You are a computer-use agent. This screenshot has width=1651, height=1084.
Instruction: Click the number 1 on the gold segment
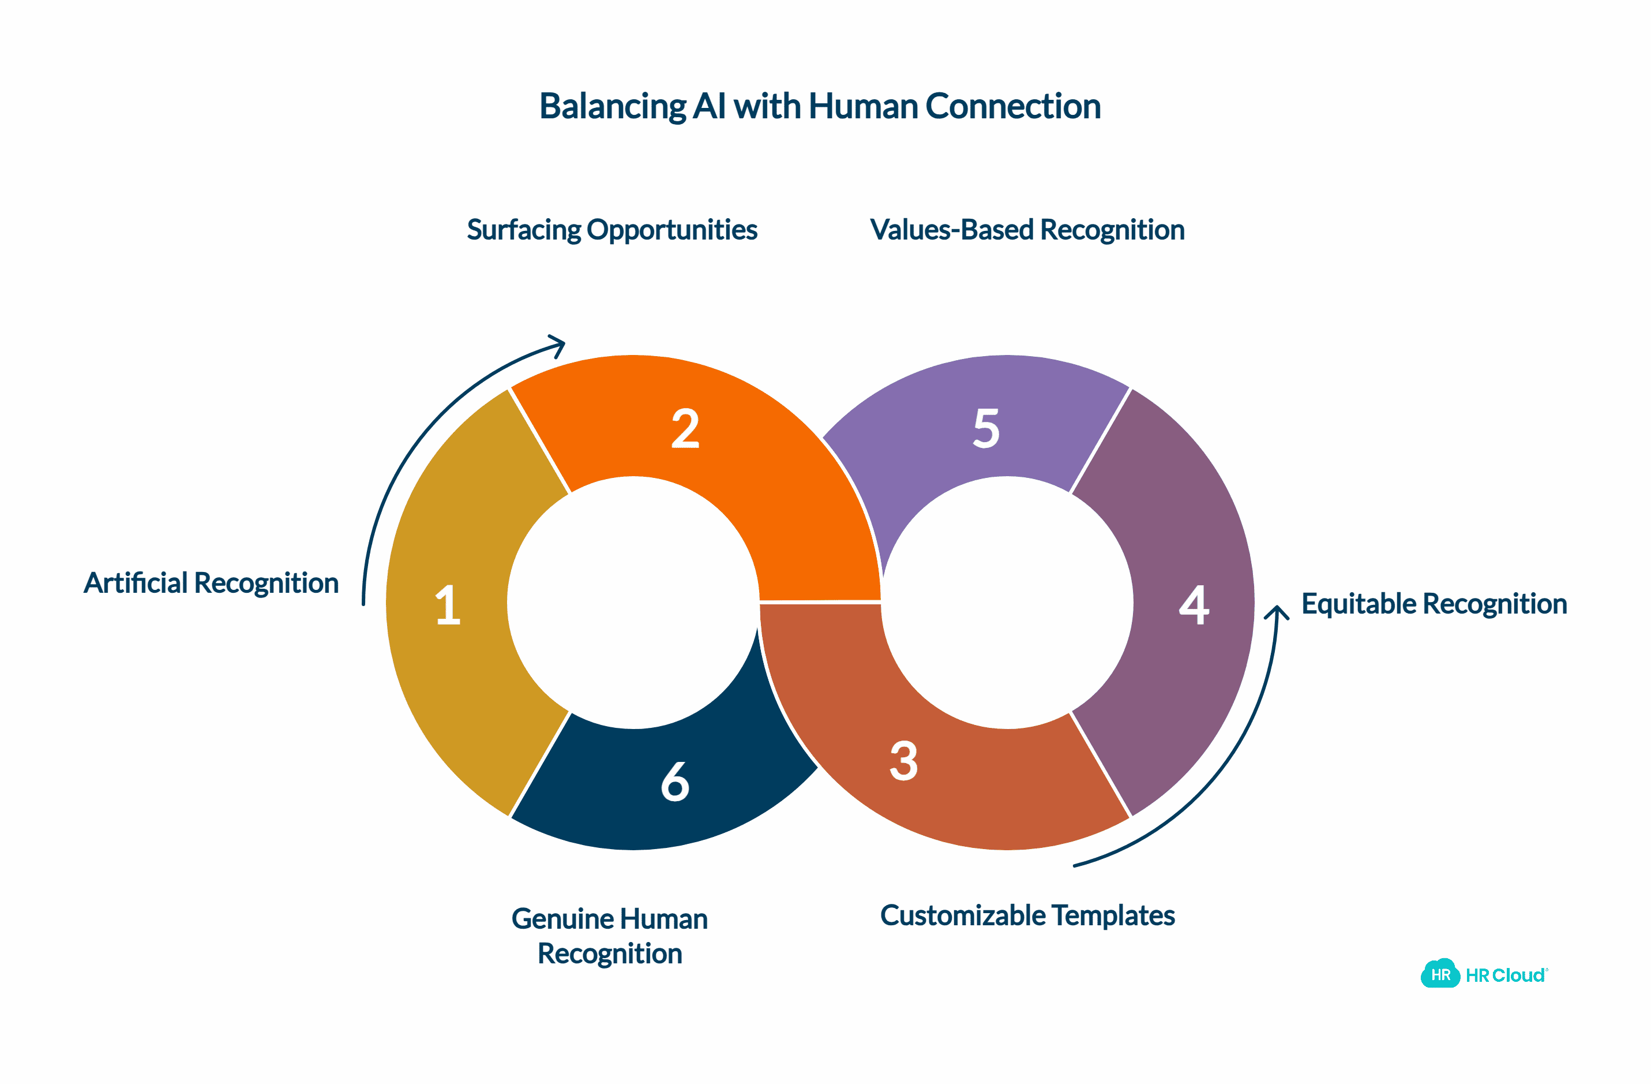coord(448,605)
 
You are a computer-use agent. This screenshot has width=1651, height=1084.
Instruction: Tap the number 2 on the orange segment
coord(685,429)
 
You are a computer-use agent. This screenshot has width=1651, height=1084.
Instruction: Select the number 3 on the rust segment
coord(904,761)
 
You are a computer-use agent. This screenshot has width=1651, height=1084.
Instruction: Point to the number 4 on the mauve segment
coord(1194,605)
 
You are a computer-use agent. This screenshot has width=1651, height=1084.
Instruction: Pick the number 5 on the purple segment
coord(986,428)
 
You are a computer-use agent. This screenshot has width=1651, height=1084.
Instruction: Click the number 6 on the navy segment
coord(675,782)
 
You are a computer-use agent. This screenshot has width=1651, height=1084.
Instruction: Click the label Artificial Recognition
coord(211,583)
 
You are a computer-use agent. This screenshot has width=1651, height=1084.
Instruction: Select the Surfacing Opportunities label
coord(612,230)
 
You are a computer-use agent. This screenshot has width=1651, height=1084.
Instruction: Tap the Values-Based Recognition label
coord(1027,230)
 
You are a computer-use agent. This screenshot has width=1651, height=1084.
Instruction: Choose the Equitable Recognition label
coord(1434,604)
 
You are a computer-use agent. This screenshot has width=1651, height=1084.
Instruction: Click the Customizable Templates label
coord(1027,915)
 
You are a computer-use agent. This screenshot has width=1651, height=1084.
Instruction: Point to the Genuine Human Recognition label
coord(610,936)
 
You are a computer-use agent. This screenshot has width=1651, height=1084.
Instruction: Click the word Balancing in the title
coord(613,107)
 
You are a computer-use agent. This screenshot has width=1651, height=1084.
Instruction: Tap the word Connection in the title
coord(1013,106)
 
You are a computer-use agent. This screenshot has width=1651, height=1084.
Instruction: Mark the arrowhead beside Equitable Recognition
coord(1277,612)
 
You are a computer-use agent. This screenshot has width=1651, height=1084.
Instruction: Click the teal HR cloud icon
coord(1440,974)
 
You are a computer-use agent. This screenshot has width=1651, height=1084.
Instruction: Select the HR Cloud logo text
coord(1504,975)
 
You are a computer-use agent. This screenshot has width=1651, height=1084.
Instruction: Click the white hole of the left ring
coord(633,603)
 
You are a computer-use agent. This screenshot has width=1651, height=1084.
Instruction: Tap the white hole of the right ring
coord(1007,603)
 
